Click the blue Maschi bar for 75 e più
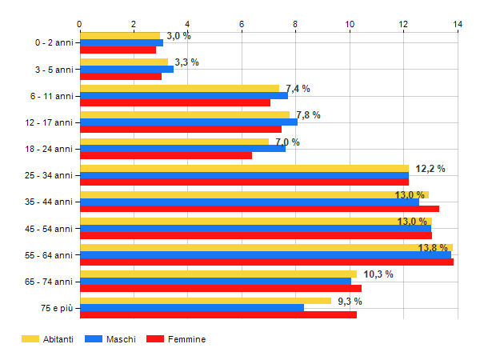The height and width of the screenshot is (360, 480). click(x=192, y=308)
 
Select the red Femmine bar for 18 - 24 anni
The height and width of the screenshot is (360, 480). click(x=166, y=155)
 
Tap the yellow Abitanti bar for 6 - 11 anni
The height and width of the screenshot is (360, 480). click(x=179, y=88)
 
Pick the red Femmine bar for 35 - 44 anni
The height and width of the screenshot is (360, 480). click(x=259, y=209)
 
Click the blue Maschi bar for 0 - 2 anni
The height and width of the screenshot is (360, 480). click(x=122, y=42)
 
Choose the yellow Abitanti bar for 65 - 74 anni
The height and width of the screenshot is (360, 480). click(x=218, y=274)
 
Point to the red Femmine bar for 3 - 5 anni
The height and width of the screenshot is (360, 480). click(x=121, y=76)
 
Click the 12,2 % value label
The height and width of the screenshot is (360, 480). click(x=430, y=169)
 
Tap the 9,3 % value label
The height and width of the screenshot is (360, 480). click(x=350, y=302)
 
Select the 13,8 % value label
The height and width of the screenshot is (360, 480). click(x=433, y=248)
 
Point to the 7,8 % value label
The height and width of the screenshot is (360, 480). click(x=308, y=115)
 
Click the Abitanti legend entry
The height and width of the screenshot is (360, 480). click(x=48, y=339)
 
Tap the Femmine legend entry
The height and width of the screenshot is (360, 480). click(x=177, y=339)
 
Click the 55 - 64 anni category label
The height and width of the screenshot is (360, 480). click(x=50, y=255)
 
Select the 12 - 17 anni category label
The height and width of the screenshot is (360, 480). click(x=50, y=122)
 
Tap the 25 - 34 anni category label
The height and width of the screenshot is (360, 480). click(x=50, y=175)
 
